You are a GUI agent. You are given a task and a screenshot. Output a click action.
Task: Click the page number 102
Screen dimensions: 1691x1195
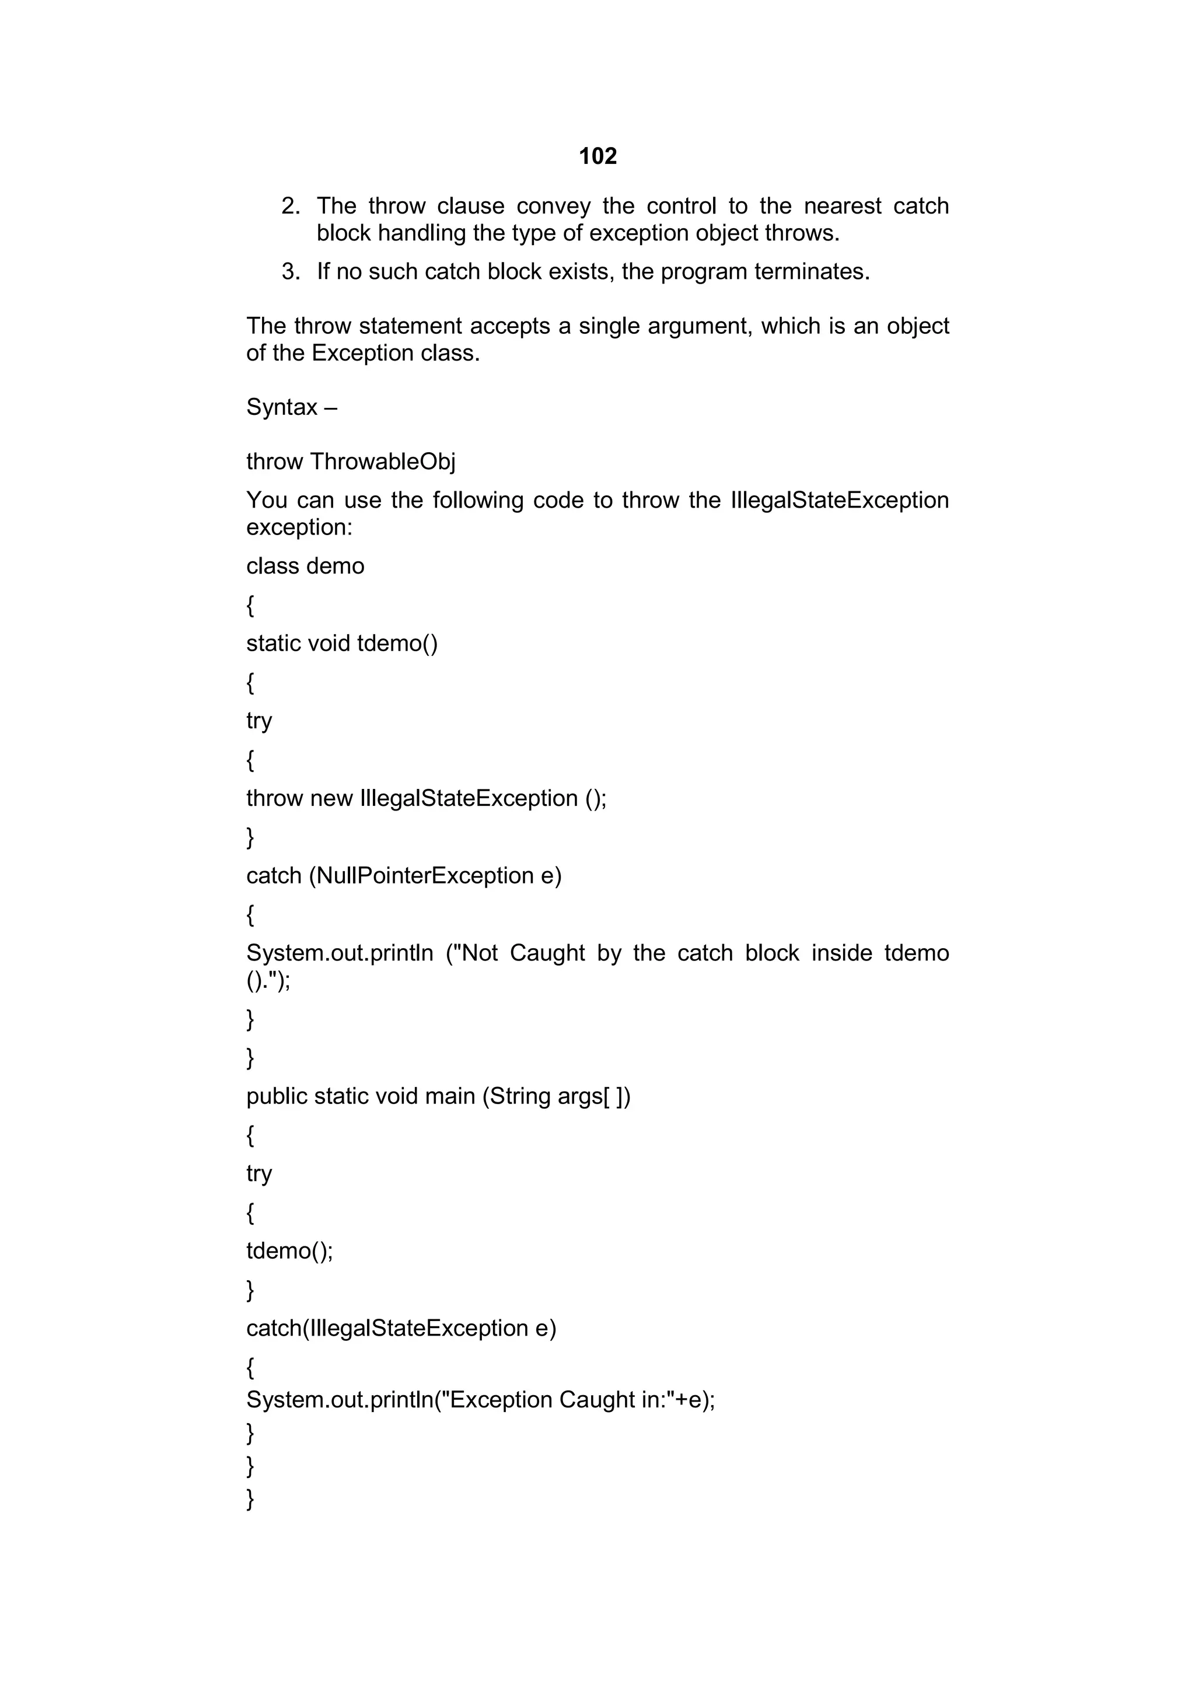click(597, 156)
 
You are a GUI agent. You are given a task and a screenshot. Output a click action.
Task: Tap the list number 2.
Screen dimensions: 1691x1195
click(290, 206)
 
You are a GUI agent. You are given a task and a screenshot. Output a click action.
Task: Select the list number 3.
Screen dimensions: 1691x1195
click(290, 272)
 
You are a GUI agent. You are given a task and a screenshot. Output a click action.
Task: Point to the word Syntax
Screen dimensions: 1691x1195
click(281, 407)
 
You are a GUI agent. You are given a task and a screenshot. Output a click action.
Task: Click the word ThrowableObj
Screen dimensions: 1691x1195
click(382, 462)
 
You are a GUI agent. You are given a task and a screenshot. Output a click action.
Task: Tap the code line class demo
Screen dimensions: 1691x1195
click(305, 565)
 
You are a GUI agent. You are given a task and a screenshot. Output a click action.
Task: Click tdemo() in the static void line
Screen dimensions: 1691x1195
click(397, 643)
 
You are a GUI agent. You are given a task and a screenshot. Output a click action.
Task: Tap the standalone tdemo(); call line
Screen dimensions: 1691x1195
click(289, 1251)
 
